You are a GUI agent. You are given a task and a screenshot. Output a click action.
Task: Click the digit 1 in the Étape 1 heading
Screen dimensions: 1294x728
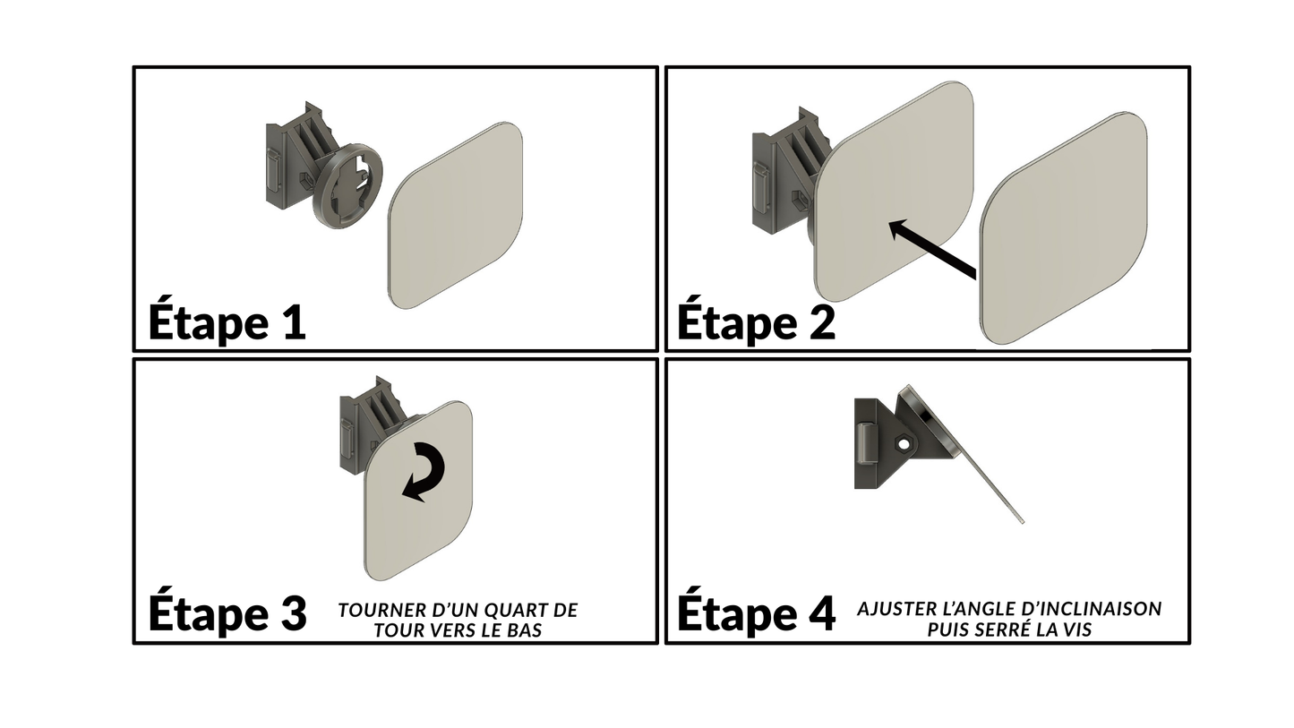tap(294, 322)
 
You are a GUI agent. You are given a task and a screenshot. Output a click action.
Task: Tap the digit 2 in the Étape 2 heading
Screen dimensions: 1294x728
tap(821, 321)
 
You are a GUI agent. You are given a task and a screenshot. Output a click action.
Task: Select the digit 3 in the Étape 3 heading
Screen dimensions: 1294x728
tap(292, 612)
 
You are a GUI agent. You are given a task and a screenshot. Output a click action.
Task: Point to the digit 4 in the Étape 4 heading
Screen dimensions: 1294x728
tap(821, 612)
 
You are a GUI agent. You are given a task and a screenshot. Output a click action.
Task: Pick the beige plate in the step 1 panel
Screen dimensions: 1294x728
tap(456, 215)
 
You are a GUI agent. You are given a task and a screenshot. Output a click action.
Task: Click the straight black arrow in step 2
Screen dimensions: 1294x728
tap(932, 249)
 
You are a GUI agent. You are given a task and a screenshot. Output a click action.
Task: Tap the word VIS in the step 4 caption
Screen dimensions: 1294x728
tap(1076, 629)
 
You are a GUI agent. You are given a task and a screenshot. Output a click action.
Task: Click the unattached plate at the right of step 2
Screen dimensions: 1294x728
tap(1064, 228)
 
